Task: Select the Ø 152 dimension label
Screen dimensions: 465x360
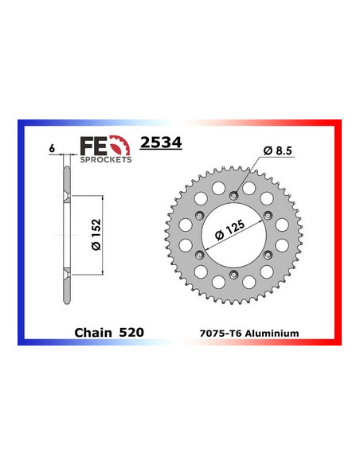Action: (x=94, y=235)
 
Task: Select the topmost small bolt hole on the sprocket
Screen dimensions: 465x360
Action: (x=233, y=195)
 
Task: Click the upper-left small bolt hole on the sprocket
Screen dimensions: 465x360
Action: (x=198, y=215)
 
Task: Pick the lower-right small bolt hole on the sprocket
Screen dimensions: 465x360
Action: (x=267, y=254)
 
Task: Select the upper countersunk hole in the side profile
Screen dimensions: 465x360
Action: (x=65, y=195)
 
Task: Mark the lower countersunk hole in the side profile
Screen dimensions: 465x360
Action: (x=65, y=274)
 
